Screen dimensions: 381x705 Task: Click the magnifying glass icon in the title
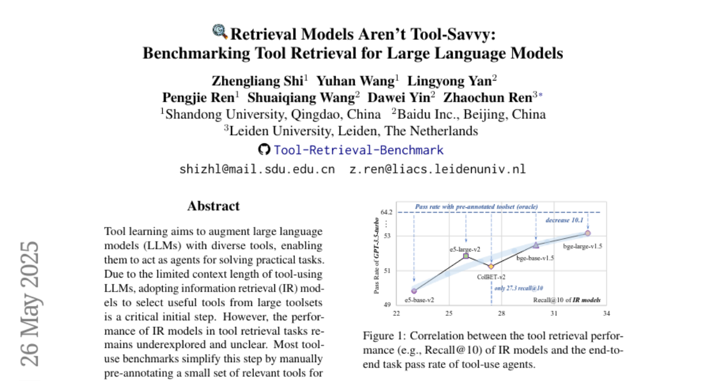point(220,31)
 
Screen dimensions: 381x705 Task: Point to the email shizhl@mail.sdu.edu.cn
point(257,169)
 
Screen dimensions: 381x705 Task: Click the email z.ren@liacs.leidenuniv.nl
point(437,169)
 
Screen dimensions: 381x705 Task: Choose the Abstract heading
point(213,206)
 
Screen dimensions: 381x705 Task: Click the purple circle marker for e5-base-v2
point(414,290)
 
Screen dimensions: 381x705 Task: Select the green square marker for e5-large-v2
point(466,256)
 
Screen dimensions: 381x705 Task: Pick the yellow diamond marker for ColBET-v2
point(492,267)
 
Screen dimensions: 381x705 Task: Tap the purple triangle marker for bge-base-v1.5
point(536,245)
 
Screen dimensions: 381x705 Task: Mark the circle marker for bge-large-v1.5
point(587,233)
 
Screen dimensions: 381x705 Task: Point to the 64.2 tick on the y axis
point(386,212)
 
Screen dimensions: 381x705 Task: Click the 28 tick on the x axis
point(501,313)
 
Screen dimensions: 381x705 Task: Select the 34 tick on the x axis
point(606,313)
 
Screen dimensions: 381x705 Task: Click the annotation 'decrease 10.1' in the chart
point(565,220)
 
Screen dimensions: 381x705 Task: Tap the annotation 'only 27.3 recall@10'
point(518,288)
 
